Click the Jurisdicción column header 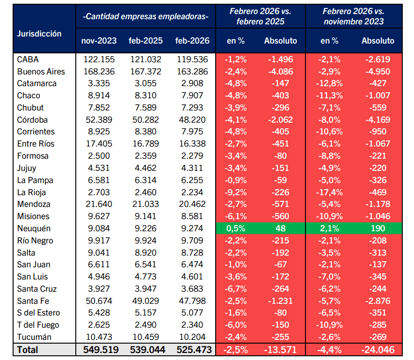(x=39, y=34)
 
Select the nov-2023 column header (x=99, y=41)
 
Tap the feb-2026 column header (x=192, y=41)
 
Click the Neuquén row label (x=34, y=228)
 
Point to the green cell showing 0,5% (x=236, y=228)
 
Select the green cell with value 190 (x=378, y=228)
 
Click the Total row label (x=28, y=350)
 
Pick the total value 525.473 (x=194, y=350)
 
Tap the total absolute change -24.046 (x=378, y=350)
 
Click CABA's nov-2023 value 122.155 (x=99, y=59)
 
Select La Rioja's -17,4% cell (x=329, y=192)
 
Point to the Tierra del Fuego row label (x=38, y=325)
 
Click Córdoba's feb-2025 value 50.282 (x=145, y=120)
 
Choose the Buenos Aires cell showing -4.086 (x=280, y=71)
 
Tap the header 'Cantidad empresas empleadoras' (x=145, y=16)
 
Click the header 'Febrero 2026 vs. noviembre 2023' (x=354, y=16)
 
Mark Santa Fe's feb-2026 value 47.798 (x=192, y=301)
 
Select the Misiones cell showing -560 (x=280, y=216)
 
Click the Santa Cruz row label (x=37, y=289)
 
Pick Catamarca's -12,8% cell (x=329, y=83)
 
